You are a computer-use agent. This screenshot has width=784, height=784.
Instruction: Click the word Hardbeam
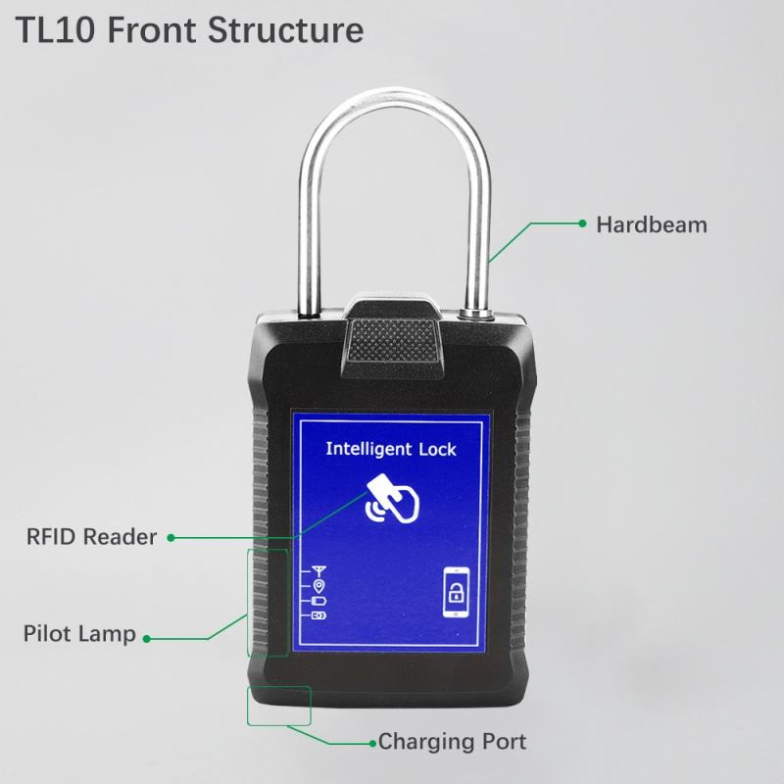coord(651,224)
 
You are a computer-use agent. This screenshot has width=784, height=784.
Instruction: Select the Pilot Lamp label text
coord(79,634)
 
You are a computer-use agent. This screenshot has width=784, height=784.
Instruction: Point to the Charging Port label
coord(453,742)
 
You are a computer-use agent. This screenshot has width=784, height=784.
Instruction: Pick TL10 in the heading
coord(54,30)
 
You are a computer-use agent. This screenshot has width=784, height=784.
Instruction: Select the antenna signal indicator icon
coord(318,568)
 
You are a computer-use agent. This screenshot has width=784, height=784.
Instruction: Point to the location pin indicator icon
coord(318,584)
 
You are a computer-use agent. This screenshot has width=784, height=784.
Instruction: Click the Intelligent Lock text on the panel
coord(391,450)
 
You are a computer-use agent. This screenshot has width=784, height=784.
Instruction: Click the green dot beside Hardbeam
coord(582,224)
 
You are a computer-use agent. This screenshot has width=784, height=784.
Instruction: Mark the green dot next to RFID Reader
coord(171,538)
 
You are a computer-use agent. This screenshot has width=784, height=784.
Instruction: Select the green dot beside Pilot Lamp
coord(148,638)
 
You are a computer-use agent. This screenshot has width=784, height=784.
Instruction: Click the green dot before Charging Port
coord(371,742)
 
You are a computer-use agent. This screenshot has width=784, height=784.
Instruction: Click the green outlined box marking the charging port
coord(278,705)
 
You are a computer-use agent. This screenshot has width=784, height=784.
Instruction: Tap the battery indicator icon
coord(318,600)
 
